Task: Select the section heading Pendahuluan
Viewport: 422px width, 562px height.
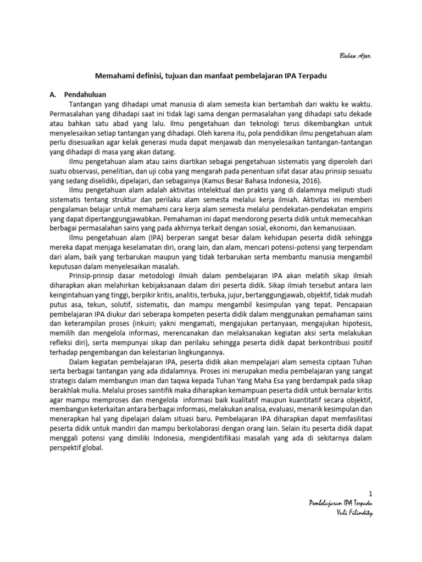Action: point(85,94)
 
